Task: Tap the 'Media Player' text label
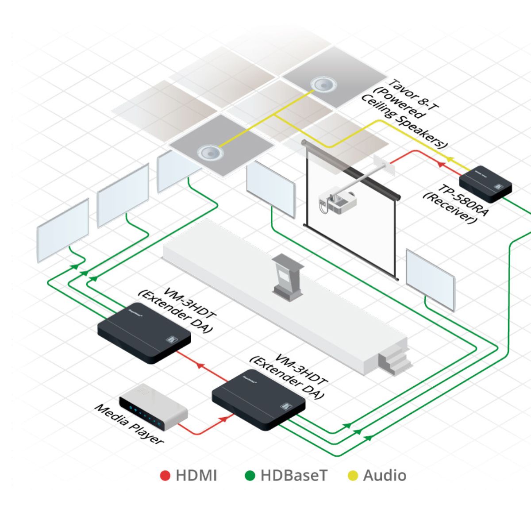point(129,424)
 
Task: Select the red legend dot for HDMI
point(165,476)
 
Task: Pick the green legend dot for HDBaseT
point(250,476)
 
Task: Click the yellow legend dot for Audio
point(353,476)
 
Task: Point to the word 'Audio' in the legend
point(385,476)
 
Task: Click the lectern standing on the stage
point(287,277)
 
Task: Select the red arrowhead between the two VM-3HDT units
point(200,366)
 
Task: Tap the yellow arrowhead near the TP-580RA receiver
point(450,158)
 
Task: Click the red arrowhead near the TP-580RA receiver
point(440,164)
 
